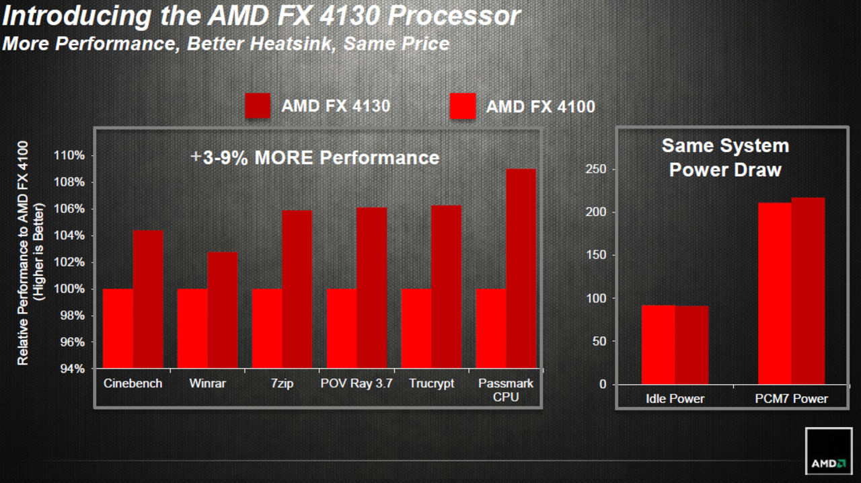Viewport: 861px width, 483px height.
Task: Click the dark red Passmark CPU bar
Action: (521, 269)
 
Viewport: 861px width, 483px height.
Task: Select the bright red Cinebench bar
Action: (118, 328)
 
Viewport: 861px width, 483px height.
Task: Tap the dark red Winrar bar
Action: (223, 310)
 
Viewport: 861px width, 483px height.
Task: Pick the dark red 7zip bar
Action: (297, 289)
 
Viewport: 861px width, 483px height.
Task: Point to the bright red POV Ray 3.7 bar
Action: (342, 328)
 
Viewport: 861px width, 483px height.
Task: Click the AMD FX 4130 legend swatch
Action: (258, 106)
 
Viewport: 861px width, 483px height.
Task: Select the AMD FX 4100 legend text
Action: (540, 106)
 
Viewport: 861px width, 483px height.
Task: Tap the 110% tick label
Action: (70, 155)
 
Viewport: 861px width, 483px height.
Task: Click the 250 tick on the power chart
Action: (596, 170)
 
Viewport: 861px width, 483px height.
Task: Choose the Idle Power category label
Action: (675, 399)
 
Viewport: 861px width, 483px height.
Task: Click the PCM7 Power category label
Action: (791, 399)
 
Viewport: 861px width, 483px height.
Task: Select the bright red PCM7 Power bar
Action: (774, 293)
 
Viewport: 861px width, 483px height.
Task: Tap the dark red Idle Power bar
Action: (691, 345)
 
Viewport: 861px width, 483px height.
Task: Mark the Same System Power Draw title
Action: (725, 157)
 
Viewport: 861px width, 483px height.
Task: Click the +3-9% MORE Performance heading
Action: (315, 157)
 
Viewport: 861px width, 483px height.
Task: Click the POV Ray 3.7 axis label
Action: (357, 383)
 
